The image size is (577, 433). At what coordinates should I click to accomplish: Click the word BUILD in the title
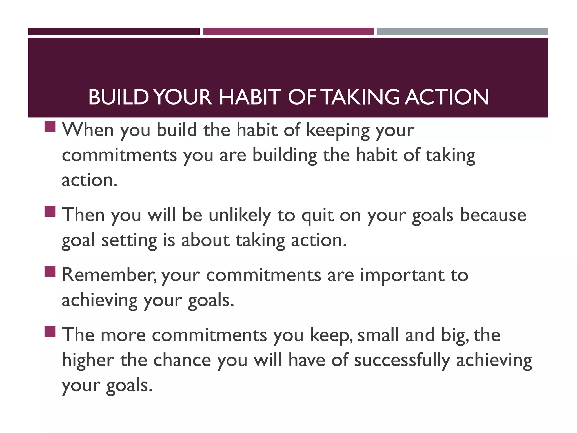118,97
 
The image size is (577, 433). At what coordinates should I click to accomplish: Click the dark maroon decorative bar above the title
114,31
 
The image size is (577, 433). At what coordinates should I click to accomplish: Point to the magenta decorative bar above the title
288,31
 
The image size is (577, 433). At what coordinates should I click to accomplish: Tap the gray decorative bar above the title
462,31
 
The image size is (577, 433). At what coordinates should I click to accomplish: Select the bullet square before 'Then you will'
50,211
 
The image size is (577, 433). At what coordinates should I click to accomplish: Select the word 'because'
493,215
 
